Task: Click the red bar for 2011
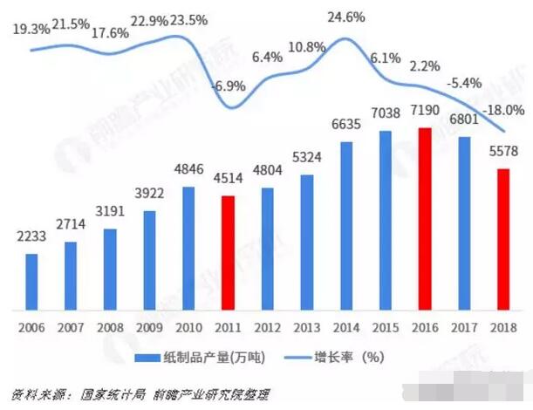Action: coord(227,252)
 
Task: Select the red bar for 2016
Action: coord(425,218)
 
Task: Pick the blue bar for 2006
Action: coord(31,281)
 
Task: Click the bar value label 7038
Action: coord(385,113)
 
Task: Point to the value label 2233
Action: coord(31,236)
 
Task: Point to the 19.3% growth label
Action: coord(31,29)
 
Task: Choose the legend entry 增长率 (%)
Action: coord(350,358)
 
